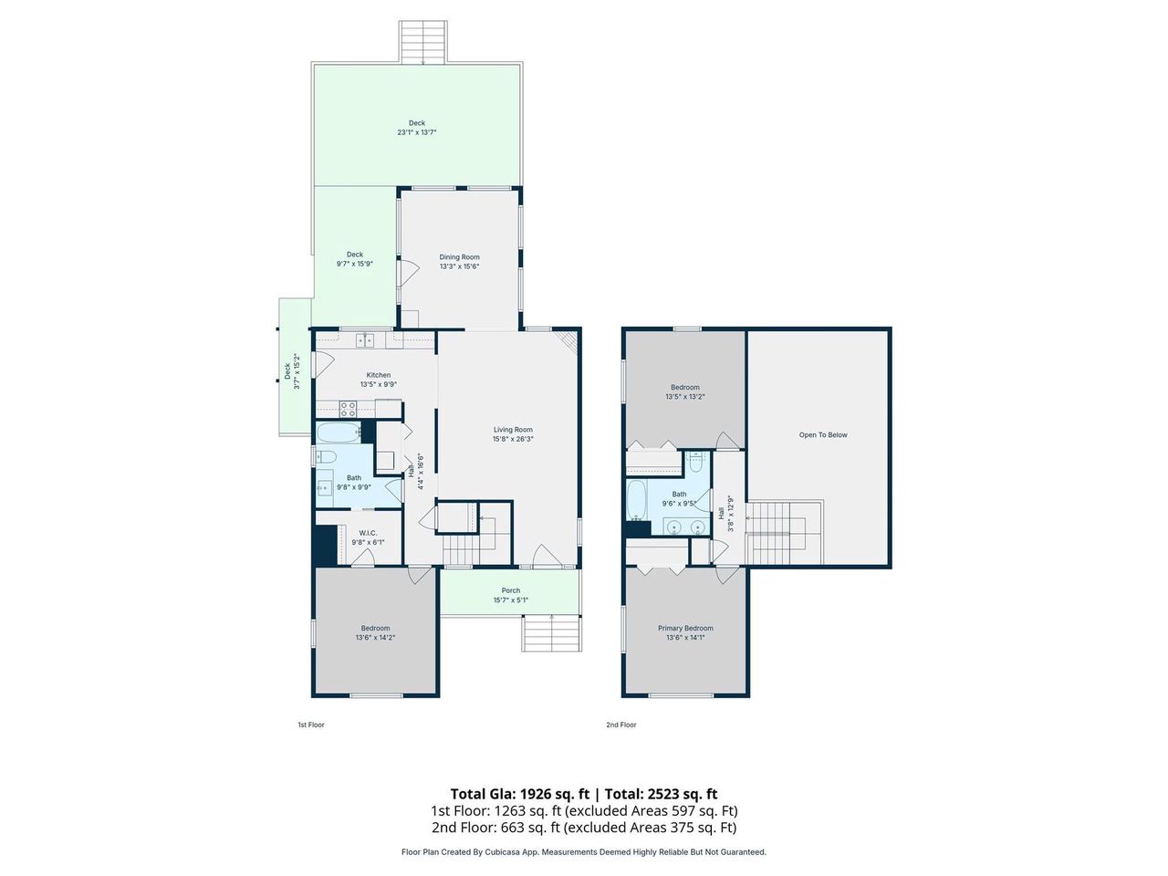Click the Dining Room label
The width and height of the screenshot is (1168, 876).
click(x=459, y=257)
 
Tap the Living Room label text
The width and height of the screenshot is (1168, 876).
click(x=513, y=430)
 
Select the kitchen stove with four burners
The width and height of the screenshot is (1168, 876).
click(x=348, y=409)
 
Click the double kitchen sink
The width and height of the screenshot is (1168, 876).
click(x=365, y=340)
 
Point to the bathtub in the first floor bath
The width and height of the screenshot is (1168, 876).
click(x=339, y=433)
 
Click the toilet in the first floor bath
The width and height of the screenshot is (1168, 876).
click(x=327, y=457)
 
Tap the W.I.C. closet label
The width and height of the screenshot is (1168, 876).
click(x=368, y=533)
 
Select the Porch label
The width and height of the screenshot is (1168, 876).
click(x=511, y=590)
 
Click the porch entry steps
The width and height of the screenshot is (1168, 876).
click(x=552, y=632)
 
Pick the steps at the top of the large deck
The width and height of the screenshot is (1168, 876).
click(x=424, y=41)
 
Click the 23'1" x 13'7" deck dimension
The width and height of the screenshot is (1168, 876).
click(x=416, y=132)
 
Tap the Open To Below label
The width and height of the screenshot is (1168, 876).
click(x=823, y=435)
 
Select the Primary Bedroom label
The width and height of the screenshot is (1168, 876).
click(x=685, y=628)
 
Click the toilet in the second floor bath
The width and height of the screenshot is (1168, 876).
click(x=696, y=463)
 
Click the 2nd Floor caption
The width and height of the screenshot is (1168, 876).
click(x=621, y=725)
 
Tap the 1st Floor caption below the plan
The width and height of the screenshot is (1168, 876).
click(x=310, y=725)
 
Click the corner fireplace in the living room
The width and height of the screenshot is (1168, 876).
click(x=569, y=341)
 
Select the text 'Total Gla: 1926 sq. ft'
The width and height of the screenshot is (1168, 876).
click(x=519, y=794)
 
